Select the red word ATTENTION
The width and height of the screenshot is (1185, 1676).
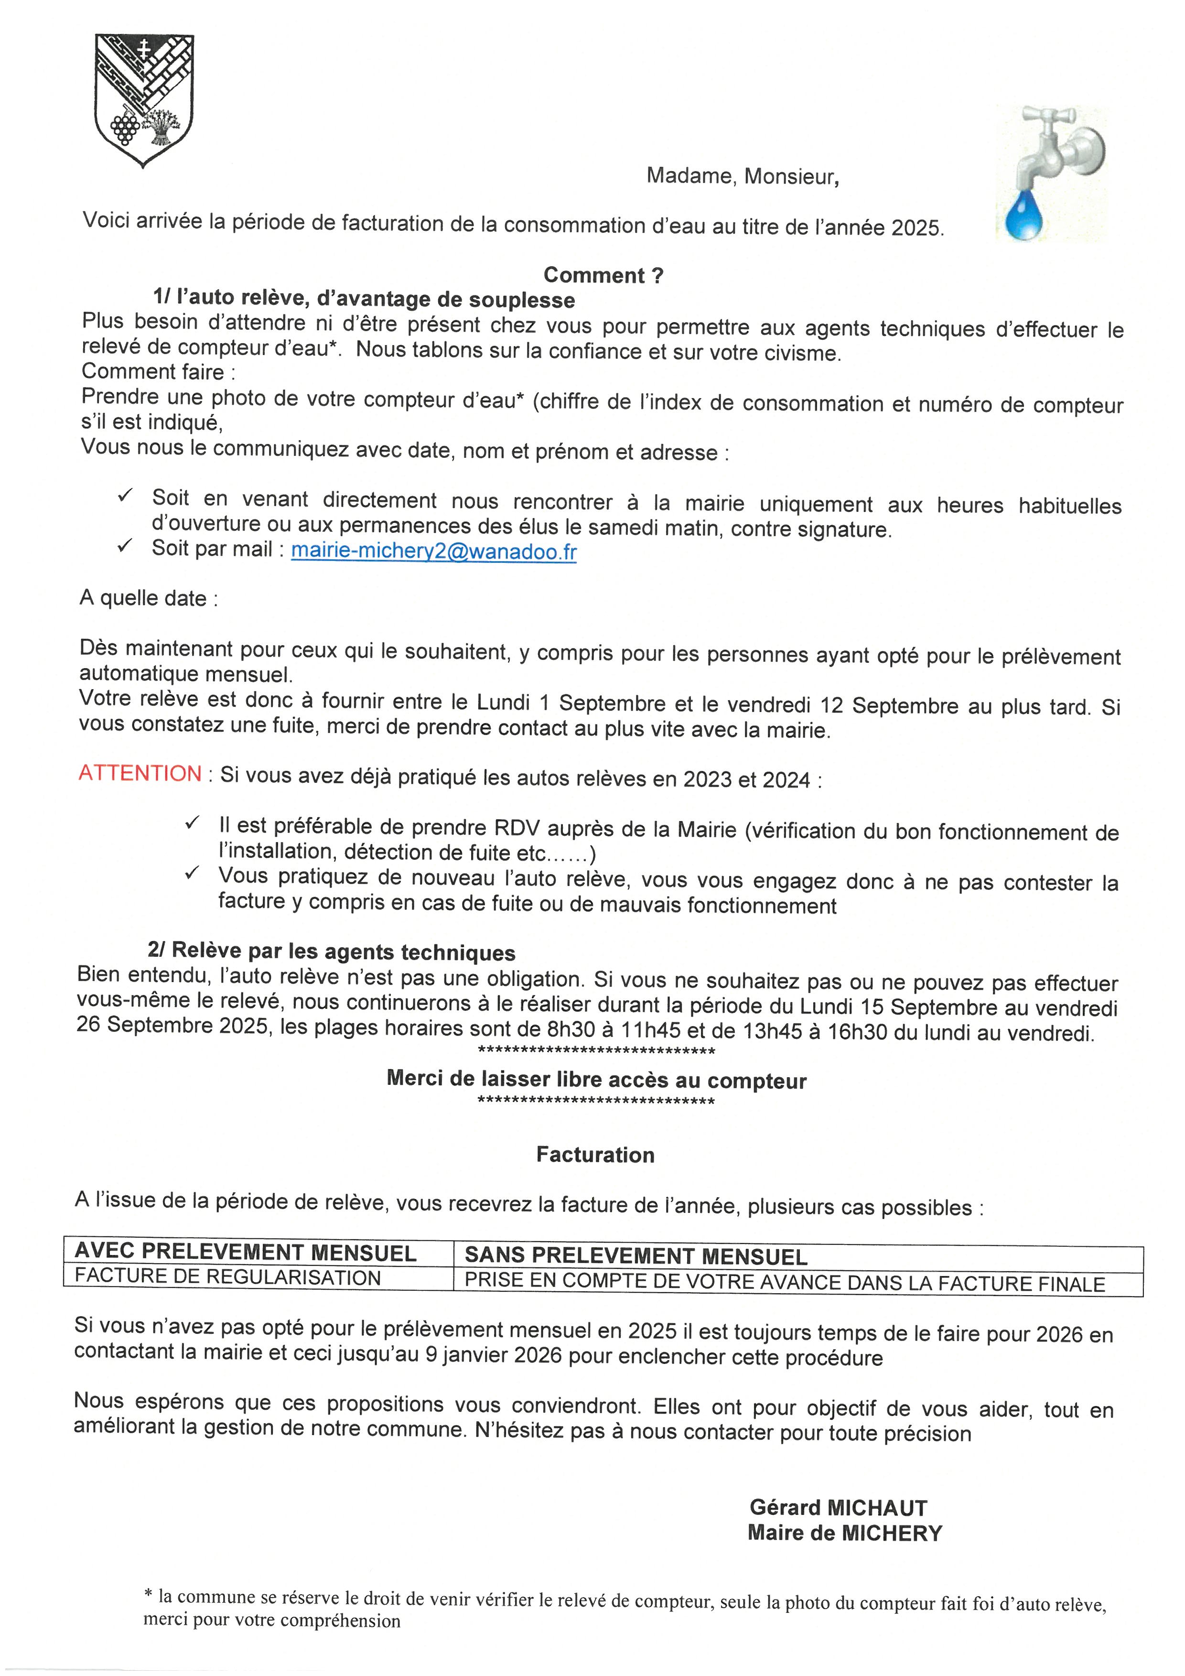[140, 773]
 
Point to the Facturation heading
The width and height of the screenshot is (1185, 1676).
[595, 1155]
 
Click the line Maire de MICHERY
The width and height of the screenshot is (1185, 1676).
[844, 1533]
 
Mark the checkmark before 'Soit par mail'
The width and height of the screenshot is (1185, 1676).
[125, 545]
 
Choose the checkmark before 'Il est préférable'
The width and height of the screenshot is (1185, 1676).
[192, 822]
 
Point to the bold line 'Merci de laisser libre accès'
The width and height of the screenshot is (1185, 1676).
[596, 1080]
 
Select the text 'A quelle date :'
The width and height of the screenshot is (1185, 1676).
[148, 598]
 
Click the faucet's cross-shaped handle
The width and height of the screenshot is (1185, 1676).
[1048, 116]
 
